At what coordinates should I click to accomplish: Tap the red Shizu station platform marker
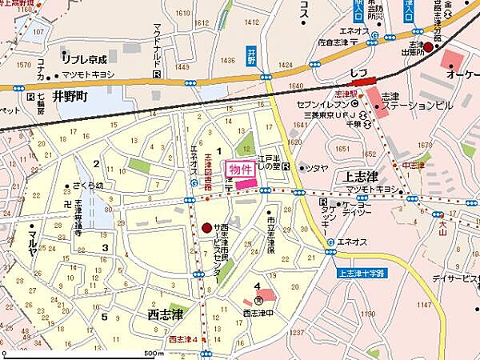[363, 80]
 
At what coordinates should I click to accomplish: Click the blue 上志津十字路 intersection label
[362, 273]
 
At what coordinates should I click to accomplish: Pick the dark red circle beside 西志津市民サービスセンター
[207, 227]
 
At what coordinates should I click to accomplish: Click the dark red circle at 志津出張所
[428, 48]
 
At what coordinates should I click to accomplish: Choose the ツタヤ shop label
[317, 167]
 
